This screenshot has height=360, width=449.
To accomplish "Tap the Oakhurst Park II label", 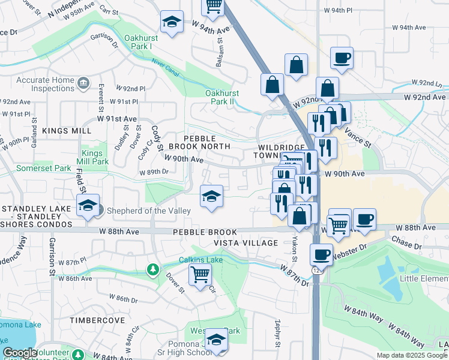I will pos(222,97).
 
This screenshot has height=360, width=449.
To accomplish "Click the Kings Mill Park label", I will pos(95,157).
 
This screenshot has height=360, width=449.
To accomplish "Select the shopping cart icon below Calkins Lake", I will pos(199,275).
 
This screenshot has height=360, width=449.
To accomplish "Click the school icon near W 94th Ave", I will pos(172,23).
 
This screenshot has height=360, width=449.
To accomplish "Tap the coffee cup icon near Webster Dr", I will pos(322,254).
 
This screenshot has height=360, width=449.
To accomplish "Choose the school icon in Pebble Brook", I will pos(211,196).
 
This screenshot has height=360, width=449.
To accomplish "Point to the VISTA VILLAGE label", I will pos(246,243).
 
